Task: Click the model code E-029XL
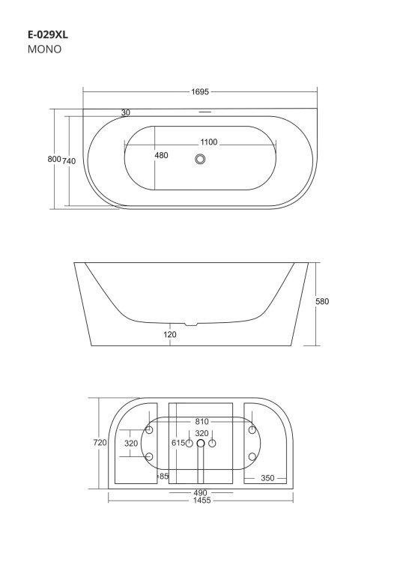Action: [x=48, y=34]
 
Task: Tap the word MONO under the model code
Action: [x=44, y=49]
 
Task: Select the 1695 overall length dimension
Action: [x=199, y=91]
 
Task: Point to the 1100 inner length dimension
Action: [x=209, y=142]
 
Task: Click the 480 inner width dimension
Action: [x=161, y=155]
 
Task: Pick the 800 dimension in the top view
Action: [x=54, y=159]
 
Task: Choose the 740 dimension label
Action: [x=69, y=161]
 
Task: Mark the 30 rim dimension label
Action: [x=126, y=112]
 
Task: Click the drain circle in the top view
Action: [x=200, y=158]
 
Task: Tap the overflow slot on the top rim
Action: [x=205, y=112]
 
